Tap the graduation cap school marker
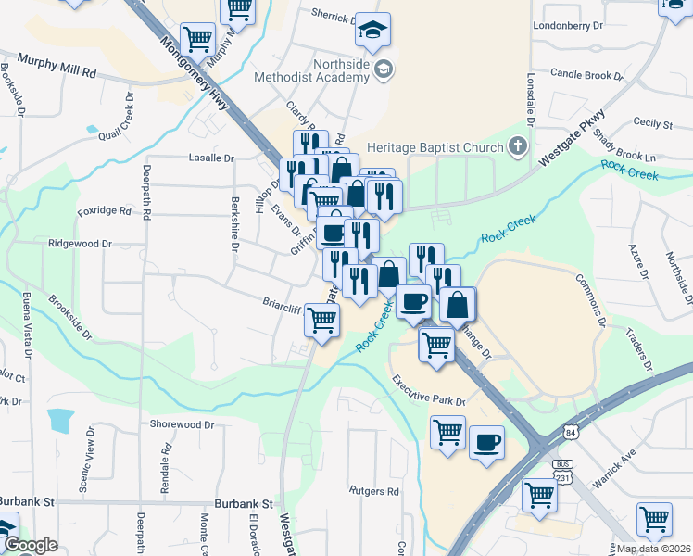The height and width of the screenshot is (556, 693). (x=372, y=32)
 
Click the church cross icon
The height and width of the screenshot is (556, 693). (x=517, y=146)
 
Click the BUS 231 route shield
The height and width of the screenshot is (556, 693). (x=561, y=470)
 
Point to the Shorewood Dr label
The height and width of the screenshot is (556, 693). (x=182, y=424)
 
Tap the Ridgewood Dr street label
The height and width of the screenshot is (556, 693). (x=80, y=244)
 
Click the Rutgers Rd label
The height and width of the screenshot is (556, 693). (x=373, y=490)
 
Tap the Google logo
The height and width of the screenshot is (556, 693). (x=31, y=546)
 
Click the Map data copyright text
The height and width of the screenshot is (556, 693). (x=652, y=549)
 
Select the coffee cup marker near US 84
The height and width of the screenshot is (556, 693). (x=486, y=441)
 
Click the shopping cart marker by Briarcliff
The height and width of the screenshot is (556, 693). (x=321, y=320)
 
